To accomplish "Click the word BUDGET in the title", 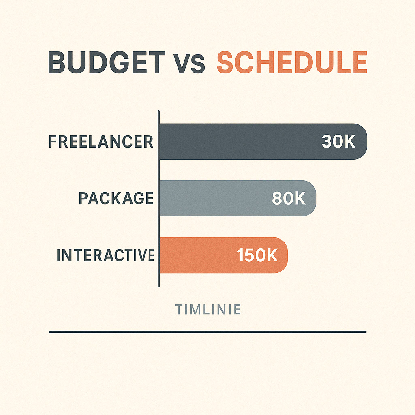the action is (x=107, y=62).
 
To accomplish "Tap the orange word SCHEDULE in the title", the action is (x=292, y=62).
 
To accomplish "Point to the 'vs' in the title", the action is (x=189, y=64).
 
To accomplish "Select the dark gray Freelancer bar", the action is (x=263, y=141).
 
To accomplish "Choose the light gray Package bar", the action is (x=237, y=198).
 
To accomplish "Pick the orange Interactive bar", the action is (x=223, y=255).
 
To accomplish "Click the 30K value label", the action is (x=338, y=141).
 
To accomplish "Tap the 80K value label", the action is (x=289, y=198).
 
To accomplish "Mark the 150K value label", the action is (x=257, y=255).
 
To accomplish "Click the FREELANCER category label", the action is (x=101, y=141).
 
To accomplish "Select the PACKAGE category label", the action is (x=116, y=198).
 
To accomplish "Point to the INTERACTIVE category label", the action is (x=105, y=255).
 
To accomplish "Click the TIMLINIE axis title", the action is (x=208, y=310).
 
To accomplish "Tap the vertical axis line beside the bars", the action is (x=159, y=199).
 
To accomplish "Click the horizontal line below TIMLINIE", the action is (x=208, y=332).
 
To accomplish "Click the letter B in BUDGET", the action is (x=57, y=62).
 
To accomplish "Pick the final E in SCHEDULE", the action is (x=360, y=62).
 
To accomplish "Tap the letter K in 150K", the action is (x=272, y=255).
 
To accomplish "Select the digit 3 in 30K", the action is (x=327, y=141).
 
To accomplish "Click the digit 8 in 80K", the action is (x=277, y=198).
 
